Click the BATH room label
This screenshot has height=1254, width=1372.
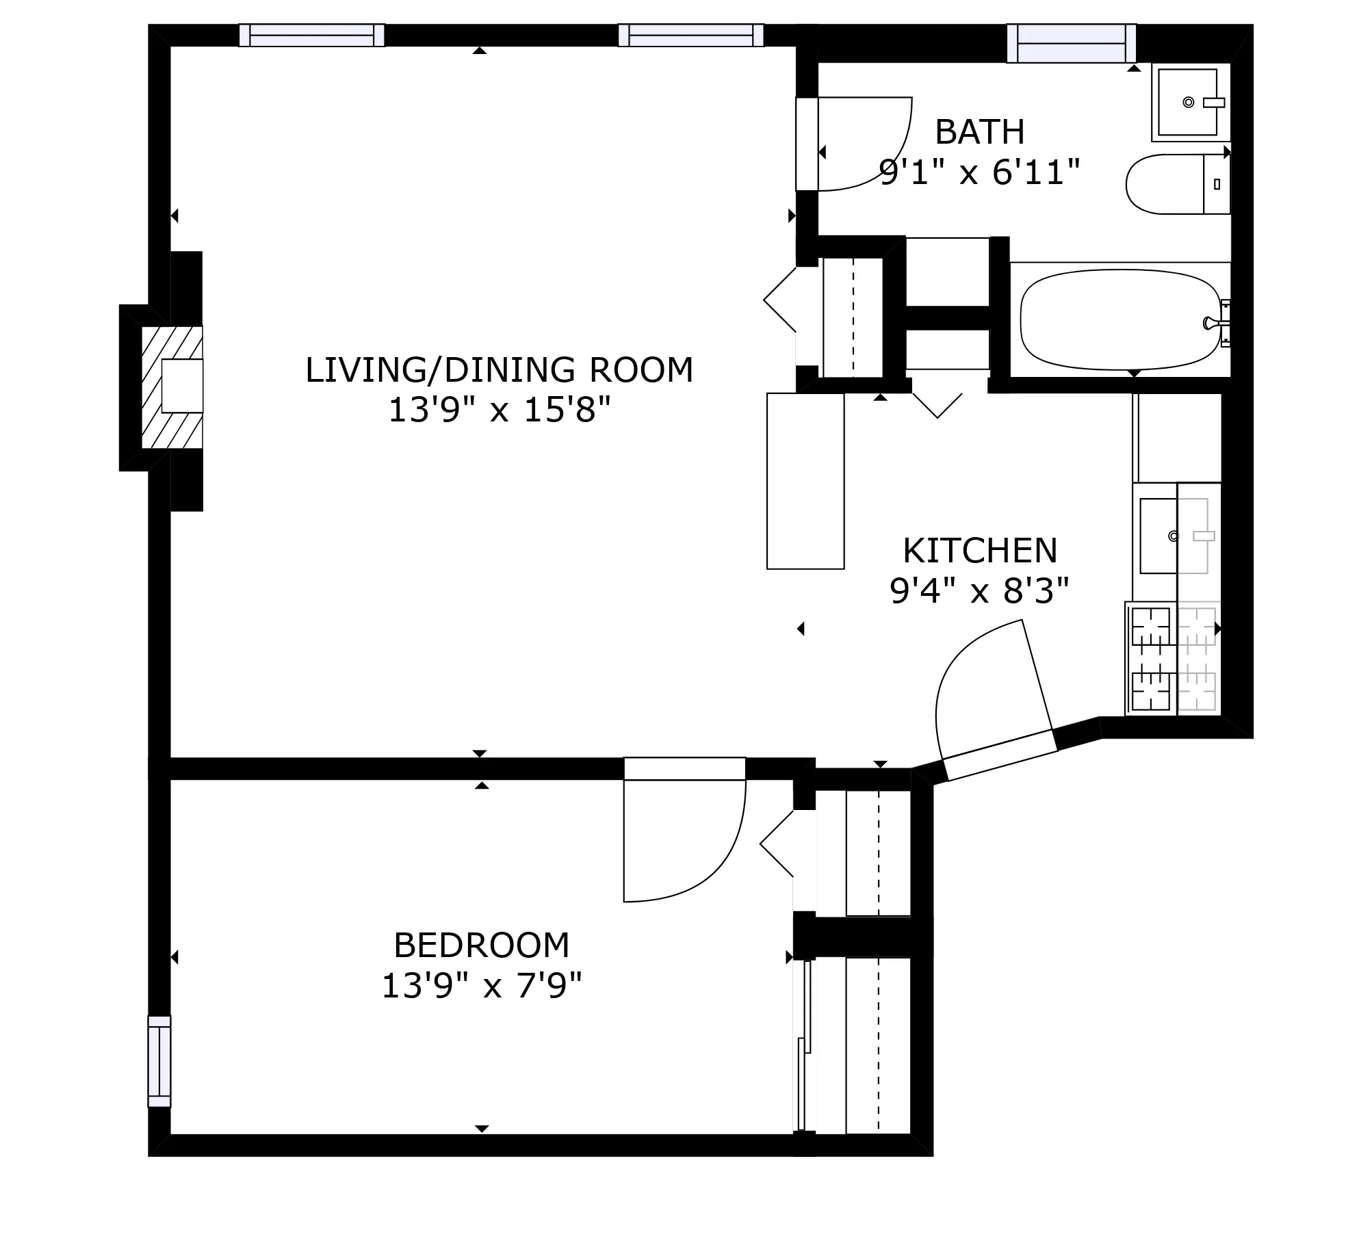pos(979,132)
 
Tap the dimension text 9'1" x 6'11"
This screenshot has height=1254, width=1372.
pos(979,172)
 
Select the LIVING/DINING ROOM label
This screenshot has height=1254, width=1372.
pos(499,370)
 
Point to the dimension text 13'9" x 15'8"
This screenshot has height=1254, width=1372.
pos(499,410)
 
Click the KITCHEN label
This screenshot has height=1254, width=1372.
pos(979,550)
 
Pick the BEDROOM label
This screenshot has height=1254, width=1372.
pos(481,945)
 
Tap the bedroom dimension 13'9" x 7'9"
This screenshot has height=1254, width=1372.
pos(481,986)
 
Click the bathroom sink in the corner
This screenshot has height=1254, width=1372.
pos(1187,102)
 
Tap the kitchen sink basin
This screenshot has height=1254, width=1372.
pos(1159,536)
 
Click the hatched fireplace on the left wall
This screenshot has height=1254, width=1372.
pos(172,387)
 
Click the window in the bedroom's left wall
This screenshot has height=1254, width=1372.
pos(159,1060)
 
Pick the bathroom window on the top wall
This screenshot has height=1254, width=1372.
pos(1071,43)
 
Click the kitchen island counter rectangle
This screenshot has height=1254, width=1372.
pos(805,480)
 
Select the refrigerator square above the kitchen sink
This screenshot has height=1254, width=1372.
pos(1178,438)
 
